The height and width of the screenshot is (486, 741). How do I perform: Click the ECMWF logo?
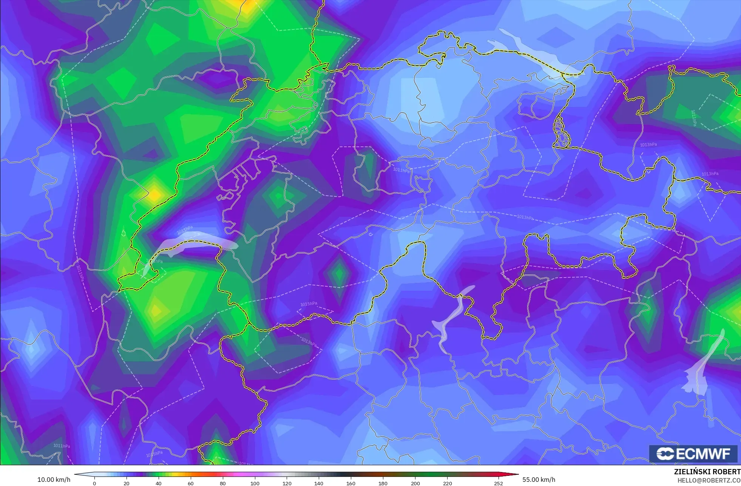(x=693, y=454)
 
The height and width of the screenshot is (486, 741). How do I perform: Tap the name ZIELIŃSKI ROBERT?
(x=707, y=472)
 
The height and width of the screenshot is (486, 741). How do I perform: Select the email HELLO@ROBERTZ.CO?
(x=709, y=480)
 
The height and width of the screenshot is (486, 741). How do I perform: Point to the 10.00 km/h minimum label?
(x=54, y=480)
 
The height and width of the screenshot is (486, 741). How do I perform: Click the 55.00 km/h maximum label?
(x=539, y=480)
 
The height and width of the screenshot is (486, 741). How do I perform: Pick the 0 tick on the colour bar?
(x=94, y=483)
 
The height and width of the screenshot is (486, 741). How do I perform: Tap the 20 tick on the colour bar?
(x=127, y=483)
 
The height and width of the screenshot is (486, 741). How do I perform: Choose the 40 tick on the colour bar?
(x=159, y=483)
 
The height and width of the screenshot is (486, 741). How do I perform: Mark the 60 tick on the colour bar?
(x=191, y=483)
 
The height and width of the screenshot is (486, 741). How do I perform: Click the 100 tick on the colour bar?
(x=255, y=483)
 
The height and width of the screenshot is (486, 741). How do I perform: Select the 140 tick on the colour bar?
(x=319, y=483)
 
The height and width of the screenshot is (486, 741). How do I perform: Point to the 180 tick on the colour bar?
(x=383, y=483)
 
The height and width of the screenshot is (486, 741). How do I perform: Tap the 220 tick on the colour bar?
(x=447, y=483)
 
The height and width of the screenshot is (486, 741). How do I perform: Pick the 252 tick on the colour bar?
(x=499, y=483)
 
